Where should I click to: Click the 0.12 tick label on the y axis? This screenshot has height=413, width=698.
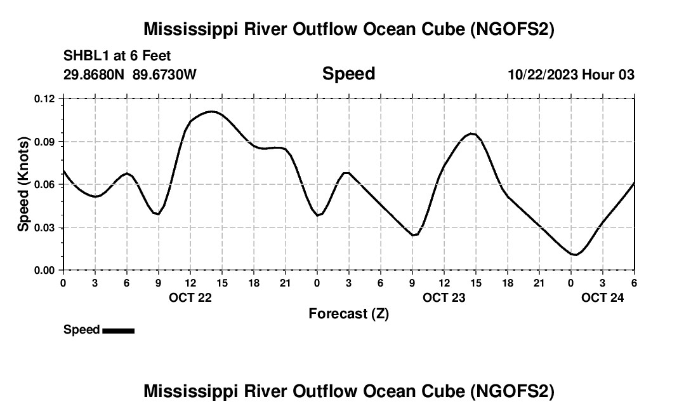[45, 98]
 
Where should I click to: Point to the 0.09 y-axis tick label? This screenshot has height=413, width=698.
[45, 142]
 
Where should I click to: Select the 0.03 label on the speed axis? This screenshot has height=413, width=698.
[45, 227]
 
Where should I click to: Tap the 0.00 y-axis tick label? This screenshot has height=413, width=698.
[45, 271]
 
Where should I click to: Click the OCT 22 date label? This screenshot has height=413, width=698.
[190, 297]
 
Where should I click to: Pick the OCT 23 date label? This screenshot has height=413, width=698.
[444, 297]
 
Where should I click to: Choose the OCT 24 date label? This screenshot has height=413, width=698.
[603, 297]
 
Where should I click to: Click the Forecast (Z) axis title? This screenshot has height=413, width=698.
[348, 313]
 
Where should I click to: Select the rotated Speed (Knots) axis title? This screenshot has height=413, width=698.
[23, 184]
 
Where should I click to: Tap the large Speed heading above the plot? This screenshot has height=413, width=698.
[348, 74]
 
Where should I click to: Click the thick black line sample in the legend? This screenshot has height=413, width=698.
[118, 330]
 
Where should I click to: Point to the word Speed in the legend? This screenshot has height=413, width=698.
[81, 330]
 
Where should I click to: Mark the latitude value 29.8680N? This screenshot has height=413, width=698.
[95, 74]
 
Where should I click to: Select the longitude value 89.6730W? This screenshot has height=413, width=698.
[164, 74]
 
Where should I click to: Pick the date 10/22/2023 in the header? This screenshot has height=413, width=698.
[543, 74]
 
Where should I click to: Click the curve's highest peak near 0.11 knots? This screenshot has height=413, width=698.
[212, 112]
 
